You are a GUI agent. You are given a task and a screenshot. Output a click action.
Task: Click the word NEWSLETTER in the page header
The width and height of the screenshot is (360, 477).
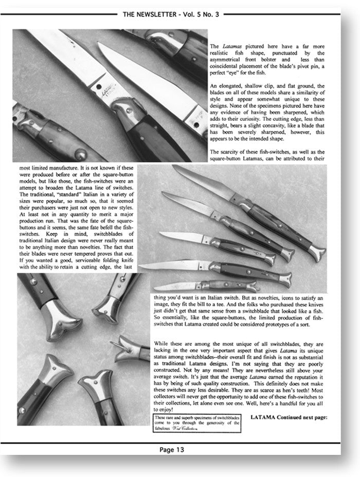tap(163, 14)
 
